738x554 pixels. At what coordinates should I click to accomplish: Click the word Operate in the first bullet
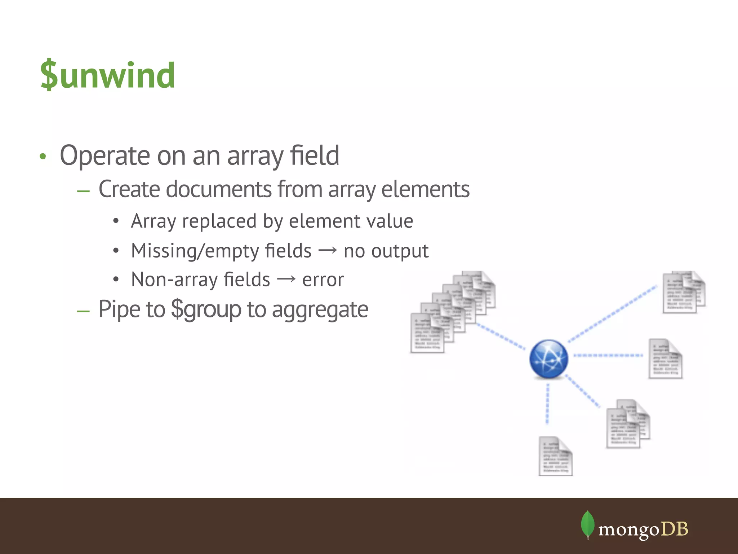pos(105,156)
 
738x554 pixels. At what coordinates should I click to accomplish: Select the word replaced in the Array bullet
pos(219,221)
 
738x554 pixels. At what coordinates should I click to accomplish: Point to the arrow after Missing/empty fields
pos(328,250)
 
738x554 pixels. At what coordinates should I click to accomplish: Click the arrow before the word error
pos(286,279)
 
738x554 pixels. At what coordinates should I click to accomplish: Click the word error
pos(323,280)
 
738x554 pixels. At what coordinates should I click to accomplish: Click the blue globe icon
pos(548,359)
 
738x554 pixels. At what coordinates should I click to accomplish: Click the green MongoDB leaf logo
pos(587,525)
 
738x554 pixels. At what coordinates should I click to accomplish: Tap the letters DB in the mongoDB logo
pos(675,529)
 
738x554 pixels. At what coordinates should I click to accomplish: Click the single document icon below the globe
pos(555,456)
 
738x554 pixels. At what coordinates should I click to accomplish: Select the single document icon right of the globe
pos(665,359)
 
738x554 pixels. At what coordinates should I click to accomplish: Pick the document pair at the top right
pos(683,292)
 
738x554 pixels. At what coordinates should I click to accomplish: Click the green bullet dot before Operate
pos(43,157)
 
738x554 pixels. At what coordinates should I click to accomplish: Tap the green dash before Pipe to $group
pos(83,311)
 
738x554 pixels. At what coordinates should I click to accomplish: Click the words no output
pos(386,251)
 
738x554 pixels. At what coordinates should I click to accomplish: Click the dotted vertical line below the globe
pos(547,404)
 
